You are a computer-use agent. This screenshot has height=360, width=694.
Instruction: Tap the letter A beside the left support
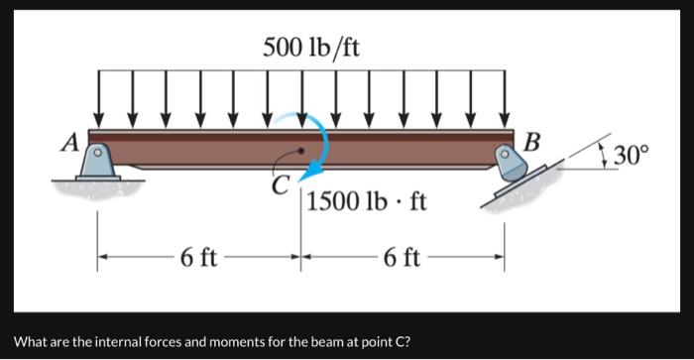(69, 142)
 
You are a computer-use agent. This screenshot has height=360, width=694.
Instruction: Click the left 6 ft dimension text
(199, 260)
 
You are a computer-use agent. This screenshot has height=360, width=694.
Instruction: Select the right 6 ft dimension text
(401, 260)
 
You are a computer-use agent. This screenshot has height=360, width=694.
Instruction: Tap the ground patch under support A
(97, 186)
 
